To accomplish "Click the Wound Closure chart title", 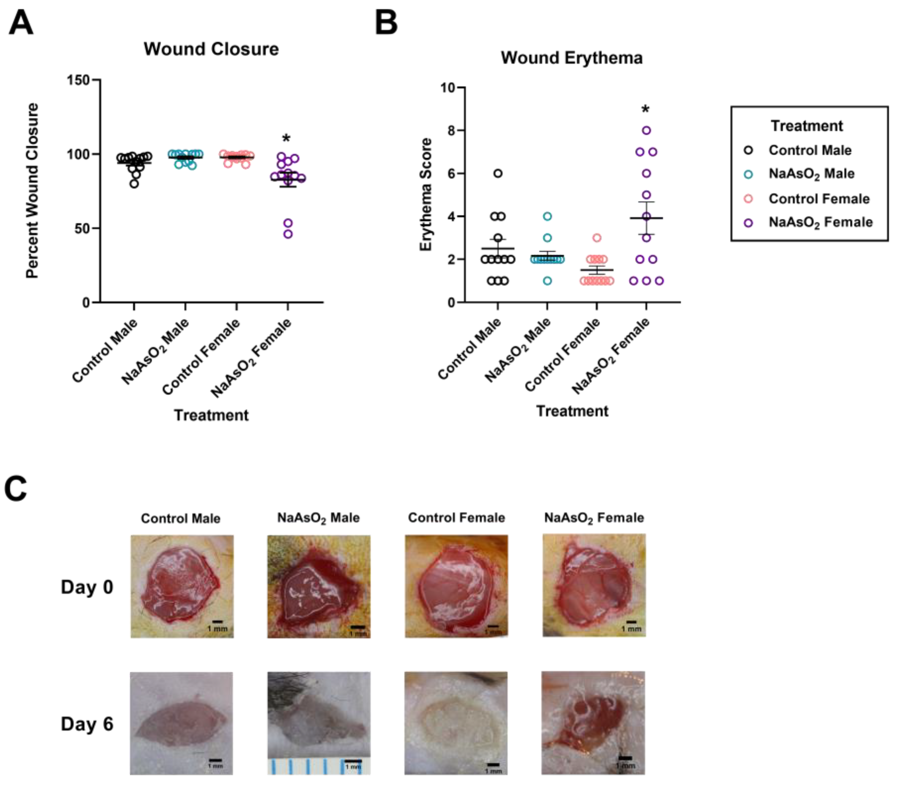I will point(211,49).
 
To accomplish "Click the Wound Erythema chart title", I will point(571,57).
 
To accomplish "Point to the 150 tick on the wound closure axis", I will point(78,80).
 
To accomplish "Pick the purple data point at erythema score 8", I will point(646,130).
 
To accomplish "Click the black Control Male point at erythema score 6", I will point(498,173).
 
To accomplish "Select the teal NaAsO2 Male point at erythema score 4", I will point(547,217).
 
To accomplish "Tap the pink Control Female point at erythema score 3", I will point(596,238).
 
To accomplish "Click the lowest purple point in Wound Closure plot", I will point(288,234).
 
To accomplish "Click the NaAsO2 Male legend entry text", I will point(811,174).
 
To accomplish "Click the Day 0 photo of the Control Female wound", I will point(456,586).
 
